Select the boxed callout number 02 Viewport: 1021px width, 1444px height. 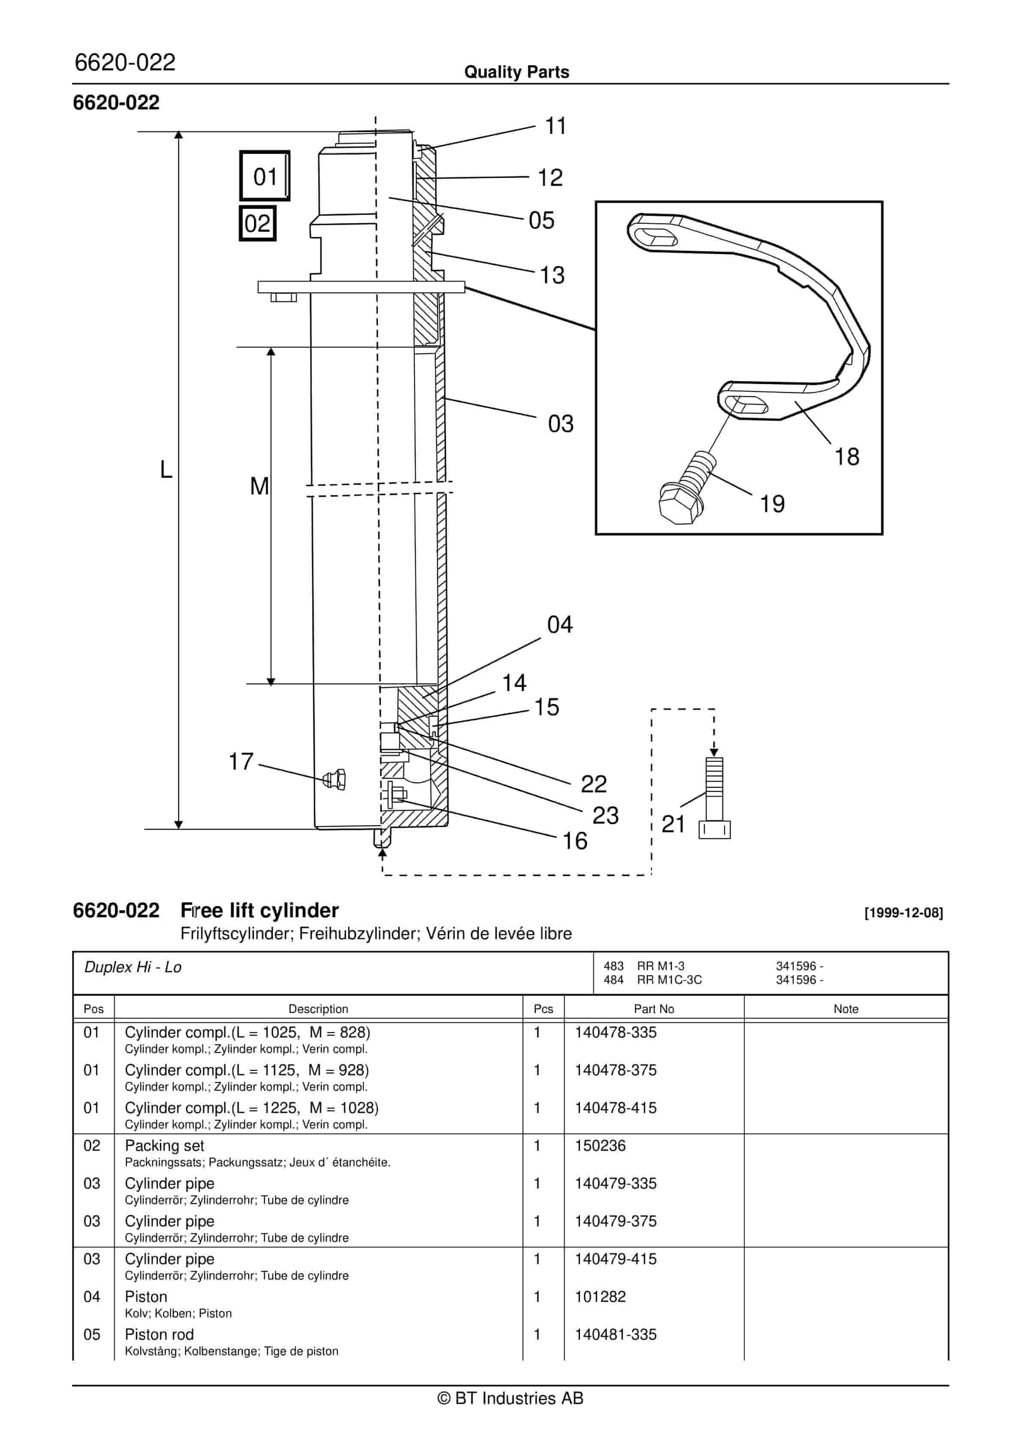257,223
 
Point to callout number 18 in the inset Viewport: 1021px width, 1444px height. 846,457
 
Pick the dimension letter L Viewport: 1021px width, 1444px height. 166,469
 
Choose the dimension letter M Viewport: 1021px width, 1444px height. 259,486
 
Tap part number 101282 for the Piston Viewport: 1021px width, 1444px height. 600,1296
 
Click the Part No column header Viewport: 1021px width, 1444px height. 653,1009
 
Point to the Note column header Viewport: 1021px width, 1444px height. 846,1009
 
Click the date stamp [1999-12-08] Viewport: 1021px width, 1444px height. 903,913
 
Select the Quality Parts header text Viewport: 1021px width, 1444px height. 516,72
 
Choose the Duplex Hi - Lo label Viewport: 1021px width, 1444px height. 133,967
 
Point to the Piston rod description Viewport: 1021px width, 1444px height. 159,1334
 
